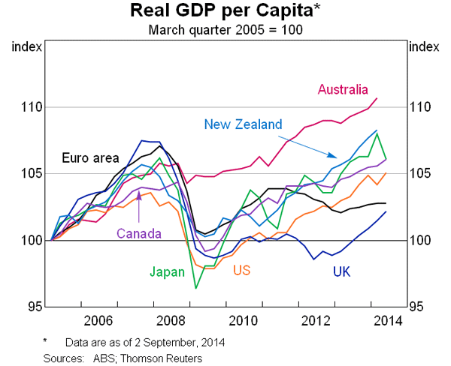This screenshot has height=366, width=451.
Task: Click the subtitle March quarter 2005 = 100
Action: point(225,30)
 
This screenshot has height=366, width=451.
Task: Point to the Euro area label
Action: point(90,157)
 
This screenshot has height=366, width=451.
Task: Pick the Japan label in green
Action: point(166,272)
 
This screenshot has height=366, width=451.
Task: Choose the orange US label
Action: point(242,270)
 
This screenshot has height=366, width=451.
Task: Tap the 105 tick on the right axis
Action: point(419,174)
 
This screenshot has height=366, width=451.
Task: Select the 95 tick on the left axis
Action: point(33,307)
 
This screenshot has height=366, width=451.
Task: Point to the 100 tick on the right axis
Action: point(419,240)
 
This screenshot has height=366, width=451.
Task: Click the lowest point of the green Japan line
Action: point(197,288)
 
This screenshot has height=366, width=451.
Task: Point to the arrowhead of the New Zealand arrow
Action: point(337,156)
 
